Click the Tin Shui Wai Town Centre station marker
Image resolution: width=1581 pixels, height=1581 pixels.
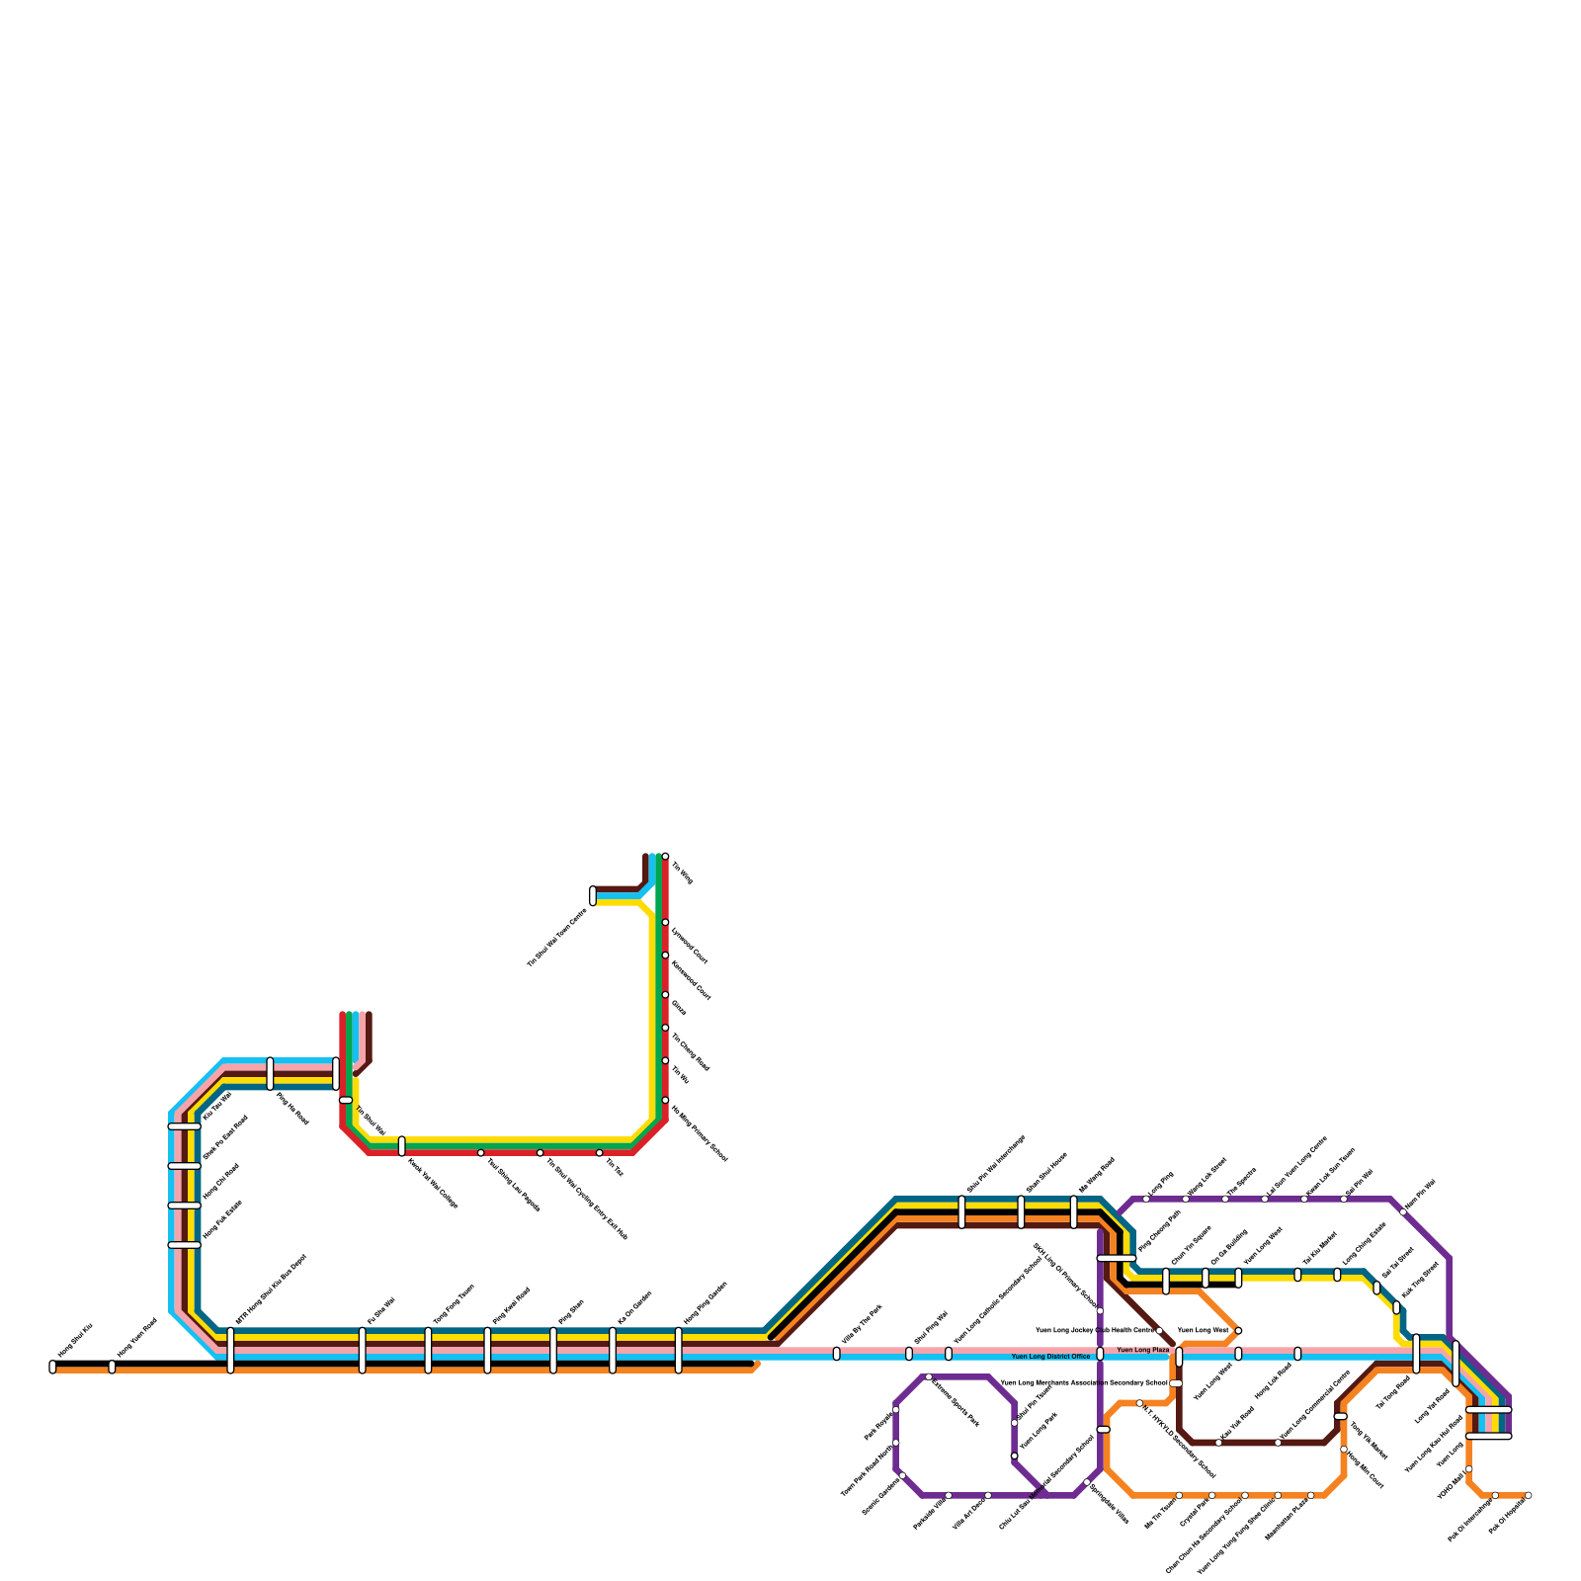593,895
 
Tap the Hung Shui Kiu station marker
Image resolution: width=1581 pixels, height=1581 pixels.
52,1367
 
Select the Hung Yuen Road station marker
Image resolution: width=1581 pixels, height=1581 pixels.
112,1367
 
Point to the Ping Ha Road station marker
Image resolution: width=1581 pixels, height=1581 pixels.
270,1073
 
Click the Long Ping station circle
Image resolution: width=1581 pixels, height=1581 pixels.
1146,1199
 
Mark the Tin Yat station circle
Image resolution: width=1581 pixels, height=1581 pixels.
599,1153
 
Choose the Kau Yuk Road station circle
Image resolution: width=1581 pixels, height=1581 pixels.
1218,1443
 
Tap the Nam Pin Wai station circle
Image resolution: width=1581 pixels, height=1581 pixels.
1403,1211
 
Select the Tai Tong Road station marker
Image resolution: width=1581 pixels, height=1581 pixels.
1416,1354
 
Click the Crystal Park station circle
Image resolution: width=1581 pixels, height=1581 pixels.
1211,1495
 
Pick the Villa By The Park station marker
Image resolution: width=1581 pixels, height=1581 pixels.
837,1354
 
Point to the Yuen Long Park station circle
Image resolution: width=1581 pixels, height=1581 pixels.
1014,1456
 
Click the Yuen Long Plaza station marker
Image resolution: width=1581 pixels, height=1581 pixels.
1179,1356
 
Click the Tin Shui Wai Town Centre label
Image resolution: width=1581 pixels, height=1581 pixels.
557,937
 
